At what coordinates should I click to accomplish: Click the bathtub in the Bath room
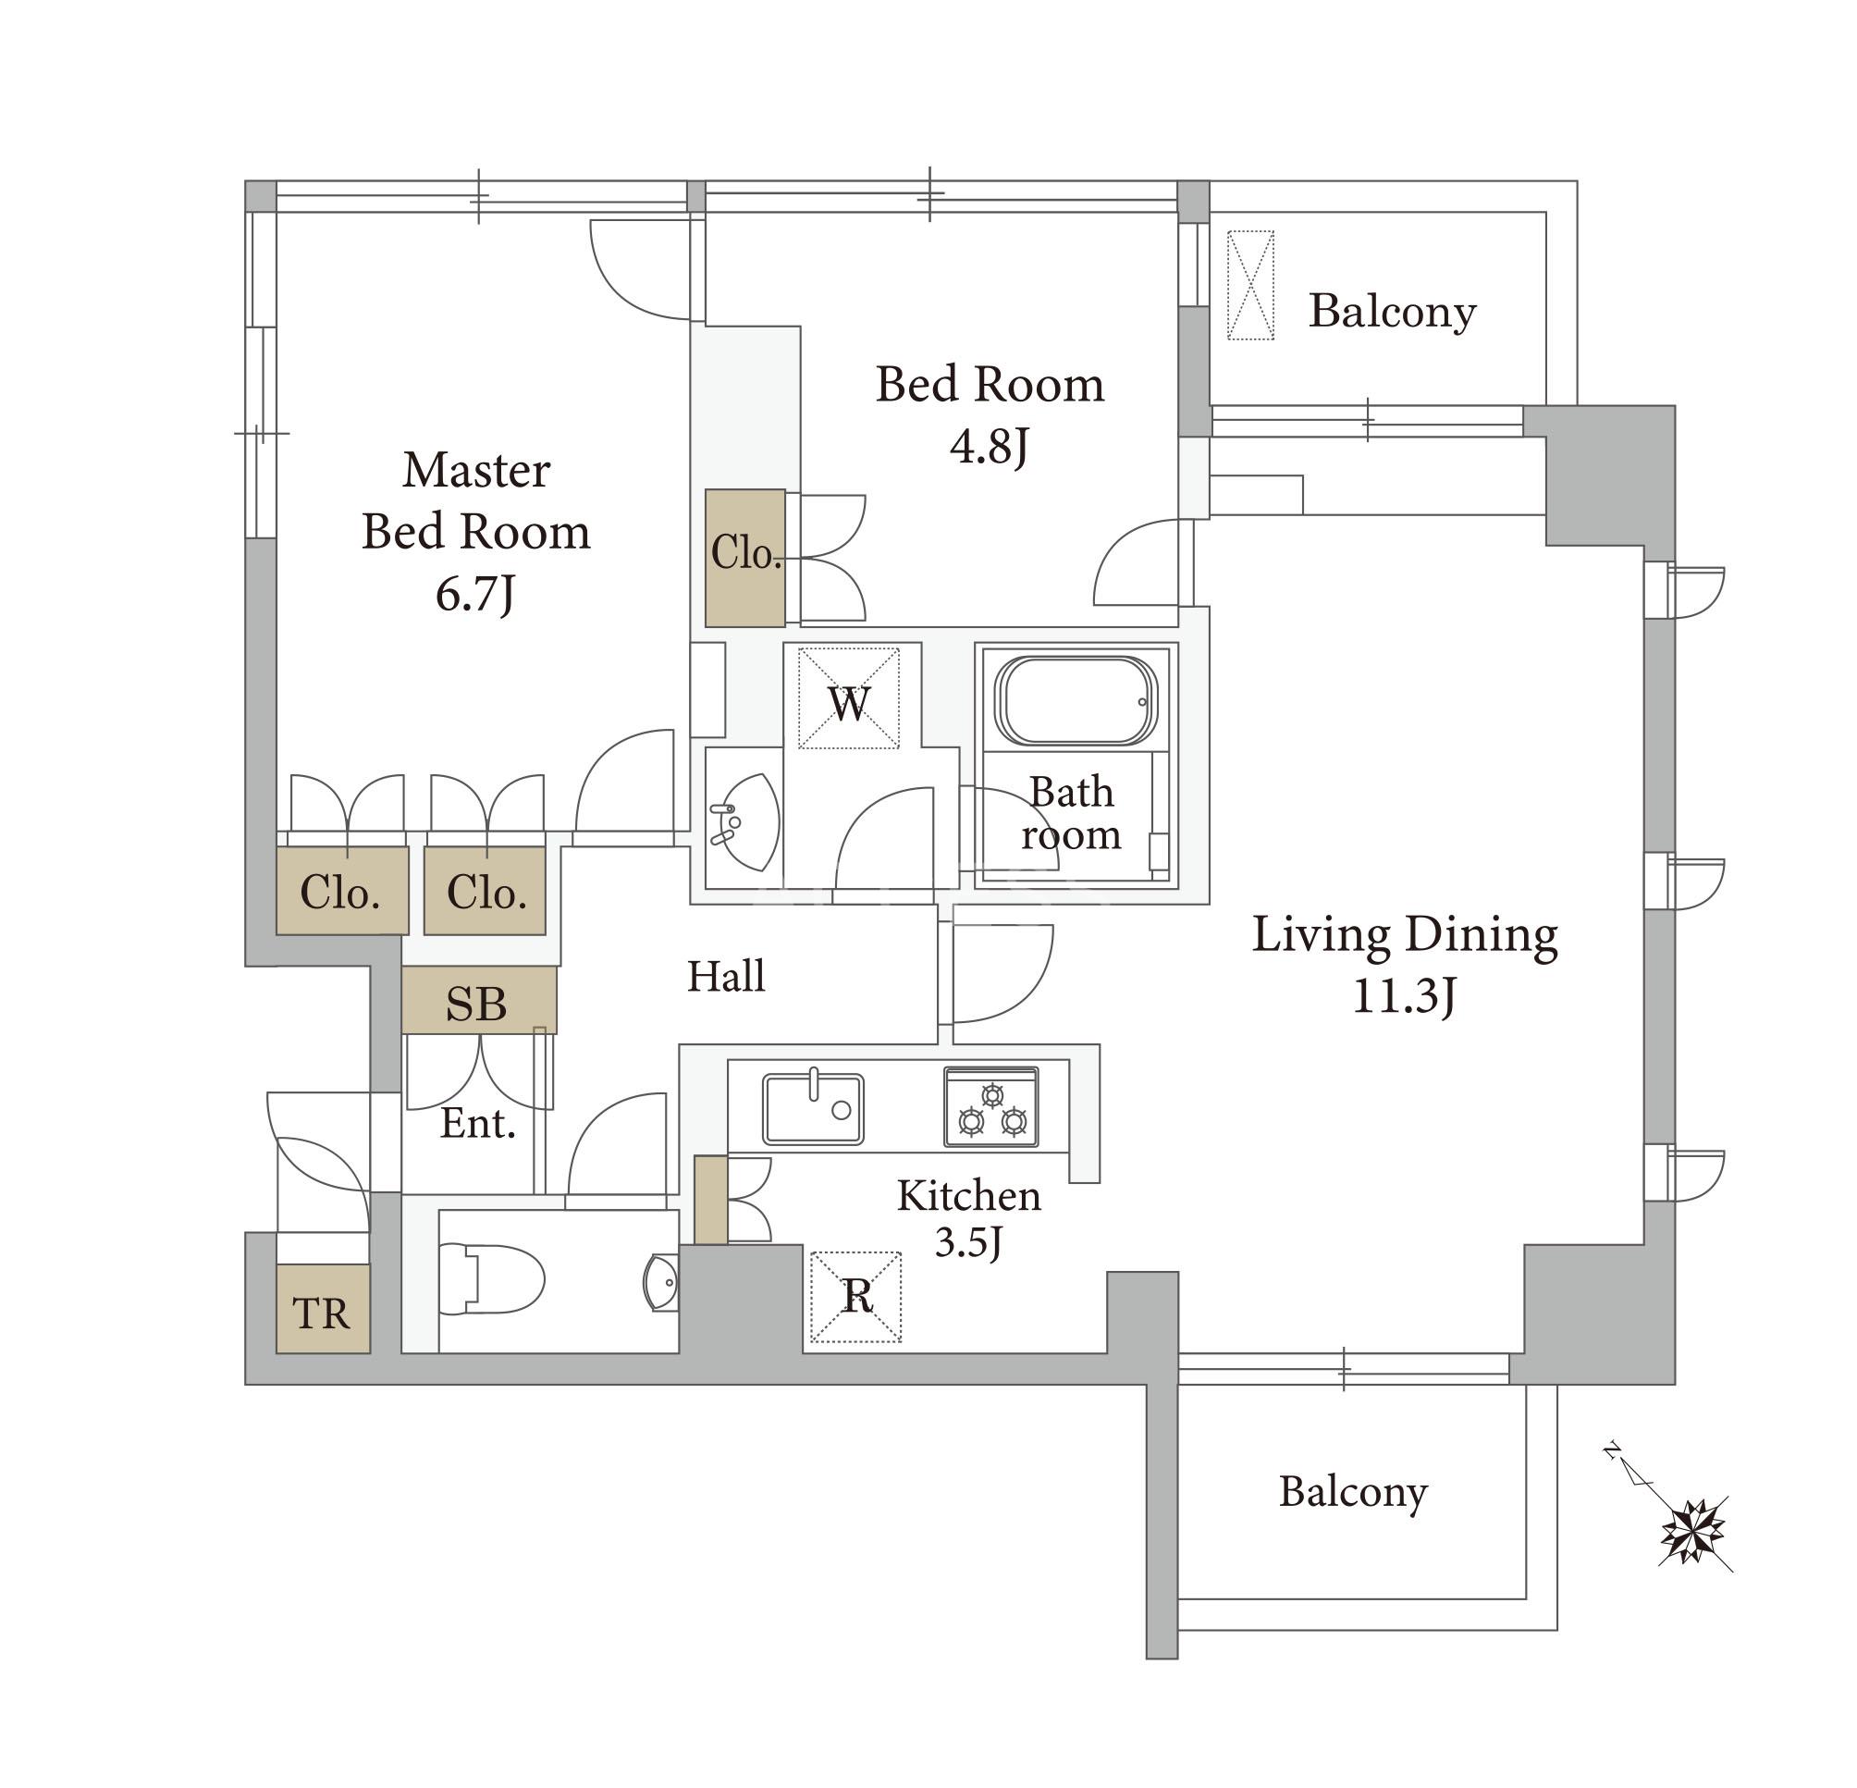[x=1076, y=700]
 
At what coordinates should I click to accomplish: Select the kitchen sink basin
[x=813, y=1107]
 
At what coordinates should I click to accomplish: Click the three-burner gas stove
[x=991, y=1106]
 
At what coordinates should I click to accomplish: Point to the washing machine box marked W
[x=848, y=697]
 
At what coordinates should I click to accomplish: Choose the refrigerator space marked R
[x=855, y=1297]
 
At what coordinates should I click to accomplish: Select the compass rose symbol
[x=1693, y=1530]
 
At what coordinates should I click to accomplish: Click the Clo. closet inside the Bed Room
[x=745, y=557]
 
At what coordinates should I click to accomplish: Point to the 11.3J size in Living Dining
[x=1403, y=997]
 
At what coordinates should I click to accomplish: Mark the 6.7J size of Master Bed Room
[x=474, y=595]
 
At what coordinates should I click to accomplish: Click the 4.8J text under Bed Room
[x=990, y=446]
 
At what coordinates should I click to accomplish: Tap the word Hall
[x=726, y=976]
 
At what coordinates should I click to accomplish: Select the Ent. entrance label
[x=477, y=1124]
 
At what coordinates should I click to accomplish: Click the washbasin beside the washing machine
[x=744, y=820]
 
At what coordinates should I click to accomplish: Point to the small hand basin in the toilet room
[x=661, y=1283]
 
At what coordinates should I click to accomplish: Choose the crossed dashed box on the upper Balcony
[x=1250, y=285]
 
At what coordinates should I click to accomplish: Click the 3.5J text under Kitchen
[x=968, y=1243]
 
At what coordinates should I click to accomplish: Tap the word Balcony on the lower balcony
[x=1353, y=1492]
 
